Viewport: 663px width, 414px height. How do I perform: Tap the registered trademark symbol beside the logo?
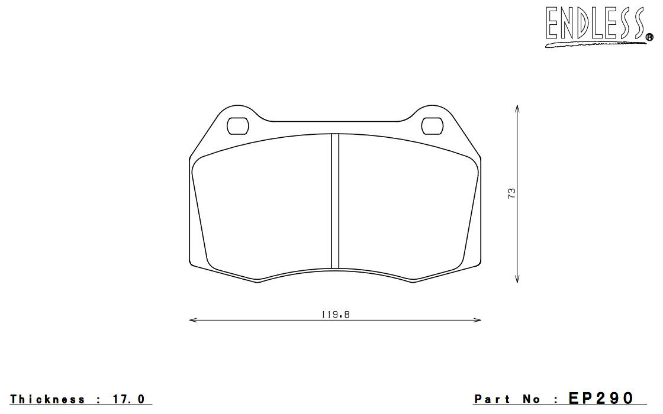tap(649, 38)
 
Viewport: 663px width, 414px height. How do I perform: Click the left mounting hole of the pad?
tap(237, 126)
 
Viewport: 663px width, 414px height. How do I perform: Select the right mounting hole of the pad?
tap(432, 126)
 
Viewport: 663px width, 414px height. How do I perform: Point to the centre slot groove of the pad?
tap(335, 200)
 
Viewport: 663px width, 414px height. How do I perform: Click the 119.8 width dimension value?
tap(335, 314)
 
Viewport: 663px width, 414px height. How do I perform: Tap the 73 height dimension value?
tap(511, 193)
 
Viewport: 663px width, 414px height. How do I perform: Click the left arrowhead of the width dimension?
tap(193, 320)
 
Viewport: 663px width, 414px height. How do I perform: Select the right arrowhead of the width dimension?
tap(477, 320)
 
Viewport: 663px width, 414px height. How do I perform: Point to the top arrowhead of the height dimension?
tap(517, 109)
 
